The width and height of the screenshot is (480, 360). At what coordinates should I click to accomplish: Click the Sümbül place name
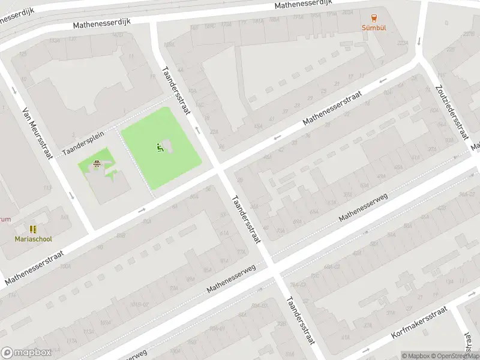(x=374, y=28)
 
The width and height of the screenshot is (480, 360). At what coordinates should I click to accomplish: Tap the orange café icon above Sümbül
(x=374, y=17)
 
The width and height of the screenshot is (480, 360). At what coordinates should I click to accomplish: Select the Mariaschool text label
(x=34, y=239)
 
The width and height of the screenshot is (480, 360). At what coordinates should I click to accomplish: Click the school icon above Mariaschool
(x=34, y=229)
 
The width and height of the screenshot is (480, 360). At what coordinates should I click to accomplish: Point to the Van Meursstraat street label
(x=38, y=134)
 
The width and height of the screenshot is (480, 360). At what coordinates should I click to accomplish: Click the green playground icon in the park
(x=160, y=148)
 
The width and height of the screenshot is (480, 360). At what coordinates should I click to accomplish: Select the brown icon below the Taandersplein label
(x=97, y=164)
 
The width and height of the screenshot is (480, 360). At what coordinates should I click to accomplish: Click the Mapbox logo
(x=26, y=353)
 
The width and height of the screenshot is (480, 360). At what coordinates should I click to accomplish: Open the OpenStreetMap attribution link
(x=454, y=356)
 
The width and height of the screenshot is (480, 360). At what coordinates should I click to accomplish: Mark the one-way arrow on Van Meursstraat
(x=71, y=196)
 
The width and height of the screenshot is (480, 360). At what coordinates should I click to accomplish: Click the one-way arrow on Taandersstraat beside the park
(x=197, y=130)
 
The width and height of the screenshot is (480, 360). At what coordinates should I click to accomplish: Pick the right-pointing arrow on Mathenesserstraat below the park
(x=142, y=210)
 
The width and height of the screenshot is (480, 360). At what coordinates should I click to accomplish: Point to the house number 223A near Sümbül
(x=403, y=43)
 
